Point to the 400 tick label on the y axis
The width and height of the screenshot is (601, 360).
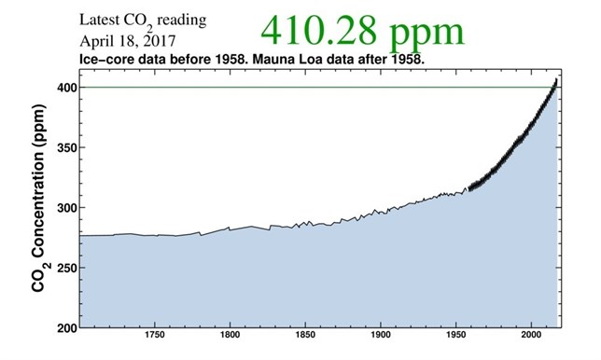[x=64, y=88]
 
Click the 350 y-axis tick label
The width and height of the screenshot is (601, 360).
[x=64, y=147]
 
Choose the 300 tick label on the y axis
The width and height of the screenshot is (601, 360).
[x=64, y=208]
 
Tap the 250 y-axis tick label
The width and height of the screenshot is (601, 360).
[x=64, y=268]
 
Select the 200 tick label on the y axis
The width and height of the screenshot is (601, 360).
[x=64, y=328]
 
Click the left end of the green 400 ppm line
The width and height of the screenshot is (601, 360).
[x=81, y=88]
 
